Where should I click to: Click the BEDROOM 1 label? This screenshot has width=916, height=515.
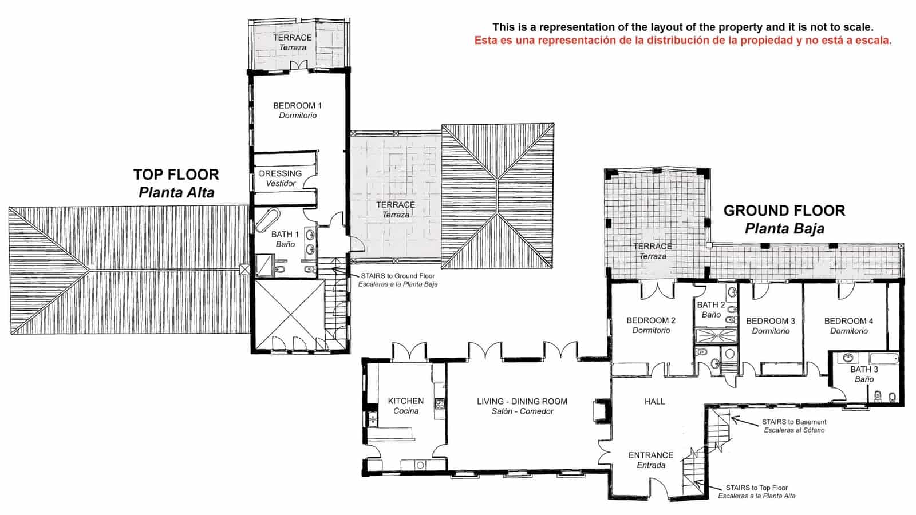point(297,106)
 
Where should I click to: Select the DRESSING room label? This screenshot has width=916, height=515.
point(280,174)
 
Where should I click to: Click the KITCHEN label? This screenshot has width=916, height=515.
point(406,402)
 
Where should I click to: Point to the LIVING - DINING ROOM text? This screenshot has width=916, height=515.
point(522,402)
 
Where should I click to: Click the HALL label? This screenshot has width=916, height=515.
point(654,402)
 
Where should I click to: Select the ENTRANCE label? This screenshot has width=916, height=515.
point(651,455)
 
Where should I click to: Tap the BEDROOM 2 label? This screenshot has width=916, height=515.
point(651,321)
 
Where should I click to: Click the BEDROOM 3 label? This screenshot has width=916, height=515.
point(771,322)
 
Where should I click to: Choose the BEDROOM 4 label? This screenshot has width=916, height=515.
point(848,322)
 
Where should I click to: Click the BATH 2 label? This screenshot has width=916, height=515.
point(710,305)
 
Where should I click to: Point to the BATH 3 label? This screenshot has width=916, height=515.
point(864,370)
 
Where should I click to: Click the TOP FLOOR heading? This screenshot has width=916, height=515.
point(176,175)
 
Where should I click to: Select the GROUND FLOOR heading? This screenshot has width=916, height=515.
point(784,211)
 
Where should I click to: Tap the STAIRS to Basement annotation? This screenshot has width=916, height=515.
point(794,422)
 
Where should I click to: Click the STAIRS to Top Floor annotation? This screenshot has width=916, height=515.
point(756,488)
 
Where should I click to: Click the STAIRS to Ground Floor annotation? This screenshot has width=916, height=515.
point(397,276)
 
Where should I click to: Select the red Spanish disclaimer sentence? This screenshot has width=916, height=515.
point(682,41)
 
